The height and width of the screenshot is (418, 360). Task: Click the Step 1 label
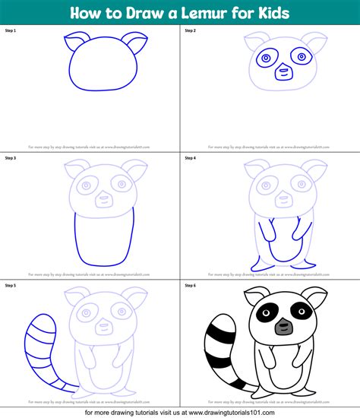click(10, 31)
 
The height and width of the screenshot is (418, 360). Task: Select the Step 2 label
click(190, 31)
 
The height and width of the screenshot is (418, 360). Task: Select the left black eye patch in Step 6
click(266, 312)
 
